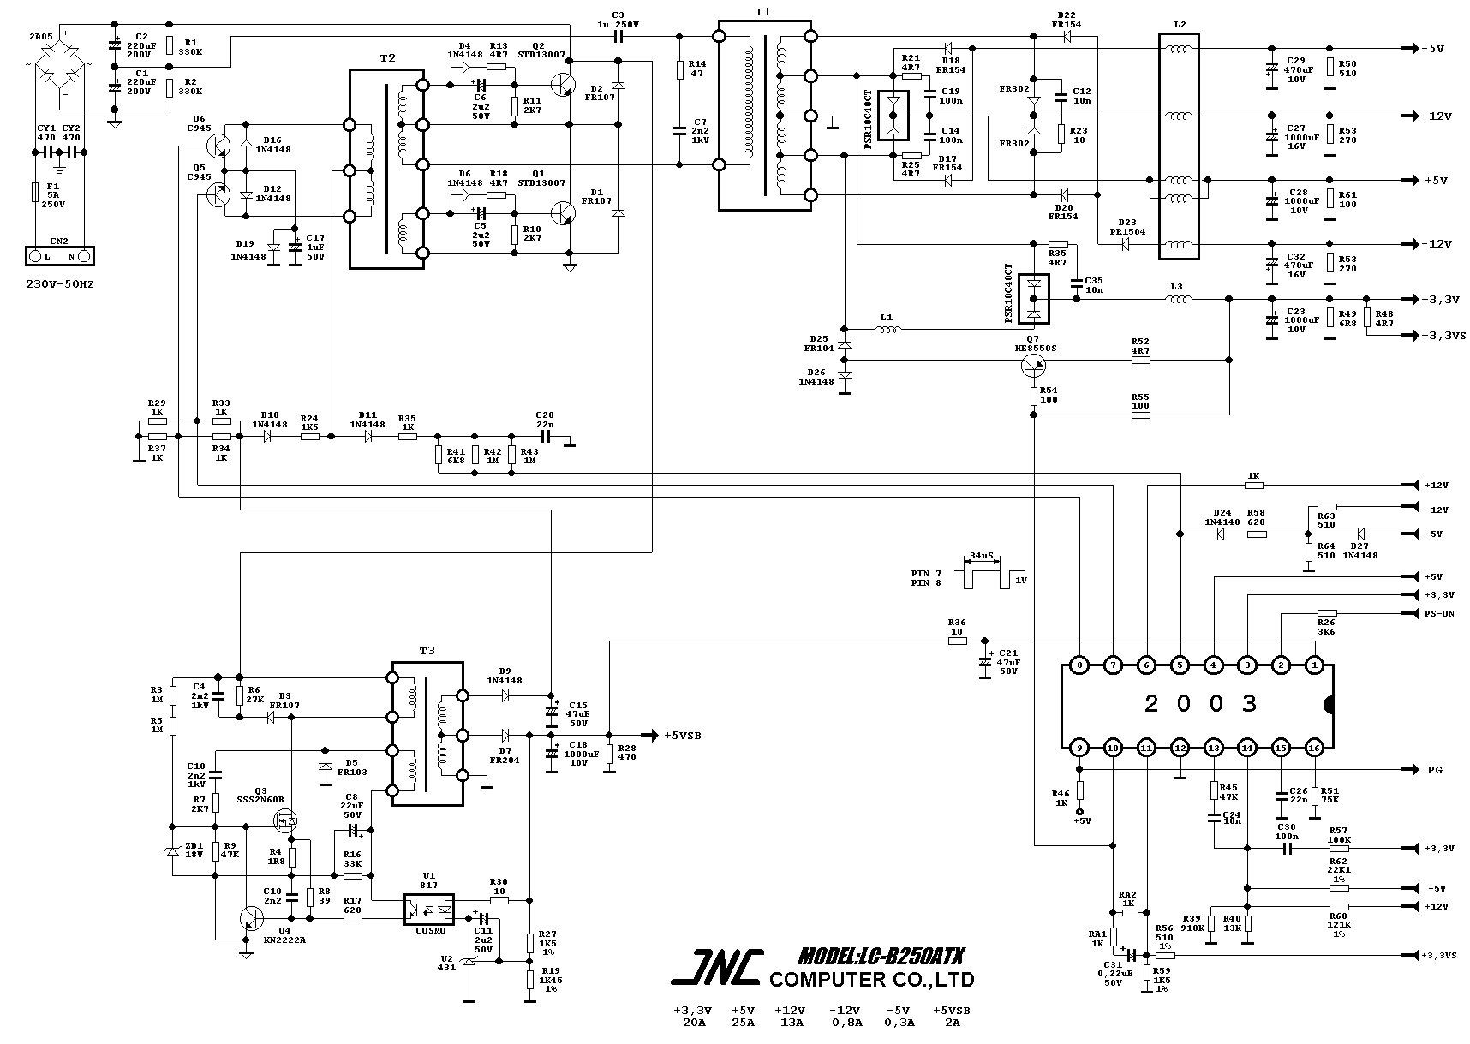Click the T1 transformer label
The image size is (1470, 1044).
(762, 12)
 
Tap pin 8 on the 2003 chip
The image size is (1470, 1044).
(1079, 665)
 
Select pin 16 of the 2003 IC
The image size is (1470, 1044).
(1314, 748)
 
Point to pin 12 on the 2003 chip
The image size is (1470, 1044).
(1180, 748)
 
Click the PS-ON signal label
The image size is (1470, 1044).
(1438, 613)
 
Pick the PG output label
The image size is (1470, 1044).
(1434, 770)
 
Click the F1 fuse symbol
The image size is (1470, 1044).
(34, 190)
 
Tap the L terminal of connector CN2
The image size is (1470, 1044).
(35, 255)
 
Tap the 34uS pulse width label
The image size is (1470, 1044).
(982, 555)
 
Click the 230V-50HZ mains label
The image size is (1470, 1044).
(59, 283)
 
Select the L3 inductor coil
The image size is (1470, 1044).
(1178, 299)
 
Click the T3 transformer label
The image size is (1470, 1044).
(427, 651)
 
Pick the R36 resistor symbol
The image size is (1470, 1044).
(957, 641)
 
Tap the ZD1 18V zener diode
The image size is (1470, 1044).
(171, 851)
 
